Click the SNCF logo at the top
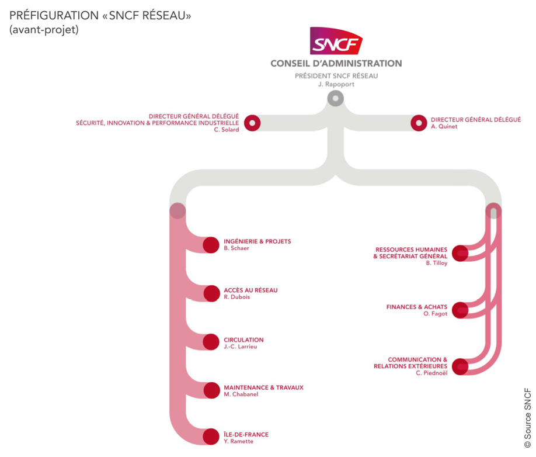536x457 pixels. [336, 41]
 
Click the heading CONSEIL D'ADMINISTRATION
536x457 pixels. [336, 63]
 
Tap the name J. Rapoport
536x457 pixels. [336, 84]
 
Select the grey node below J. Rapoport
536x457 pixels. [335, 98]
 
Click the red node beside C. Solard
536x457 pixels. [252, 123]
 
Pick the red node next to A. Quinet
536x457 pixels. [419, 123]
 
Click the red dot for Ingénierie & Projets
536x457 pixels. [211, 245]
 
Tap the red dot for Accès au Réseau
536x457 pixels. [211, 293]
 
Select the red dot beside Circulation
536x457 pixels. [211, 342]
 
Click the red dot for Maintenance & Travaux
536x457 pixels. [211, 390]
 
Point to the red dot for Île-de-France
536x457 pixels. [211, 437]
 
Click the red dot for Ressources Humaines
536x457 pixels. [460, 252]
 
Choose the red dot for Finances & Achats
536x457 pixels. [460, 310]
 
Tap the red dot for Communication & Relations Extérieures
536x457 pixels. [460, 366]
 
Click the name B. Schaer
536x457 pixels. [236, 248]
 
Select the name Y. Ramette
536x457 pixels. [238, 441]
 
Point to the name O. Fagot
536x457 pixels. [435, 314]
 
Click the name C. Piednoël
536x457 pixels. [431, 373]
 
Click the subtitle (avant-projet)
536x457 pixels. [44, 30]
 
